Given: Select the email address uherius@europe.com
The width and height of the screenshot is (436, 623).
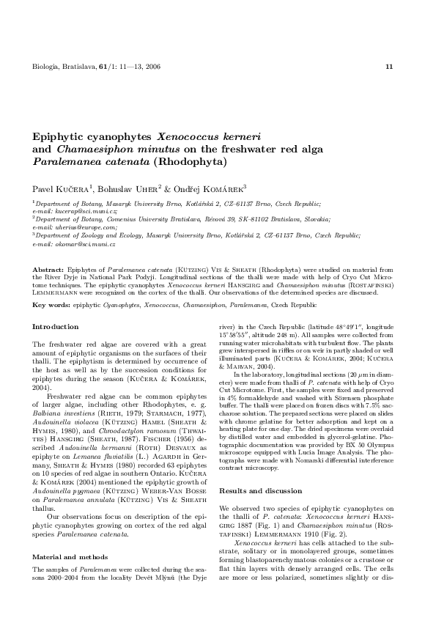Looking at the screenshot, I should click(78, 227).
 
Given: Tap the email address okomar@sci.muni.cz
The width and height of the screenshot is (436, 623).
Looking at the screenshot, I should click(77, 244).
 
